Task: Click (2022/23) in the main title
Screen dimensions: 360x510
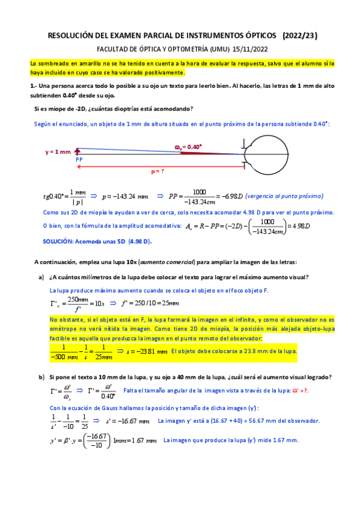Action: (300, 37)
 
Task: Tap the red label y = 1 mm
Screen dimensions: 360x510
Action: (58, 152)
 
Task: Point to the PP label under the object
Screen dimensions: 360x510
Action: (79, 160)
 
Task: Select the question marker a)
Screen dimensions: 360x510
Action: (41, 277)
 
